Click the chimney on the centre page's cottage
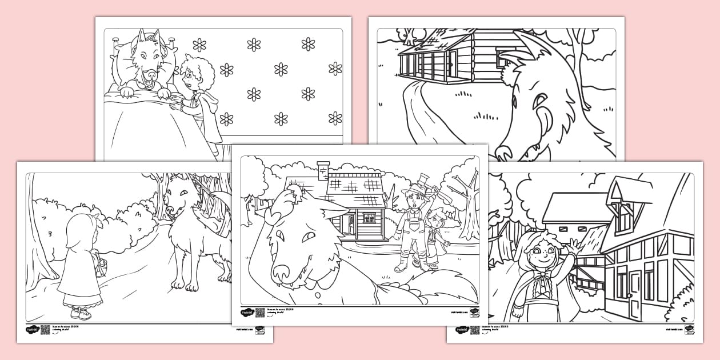pos(323,170)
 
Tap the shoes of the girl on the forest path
pos(80,313)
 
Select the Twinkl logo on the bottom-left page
pos(31,330)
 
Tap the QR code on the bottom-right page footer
pos(475,330)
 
